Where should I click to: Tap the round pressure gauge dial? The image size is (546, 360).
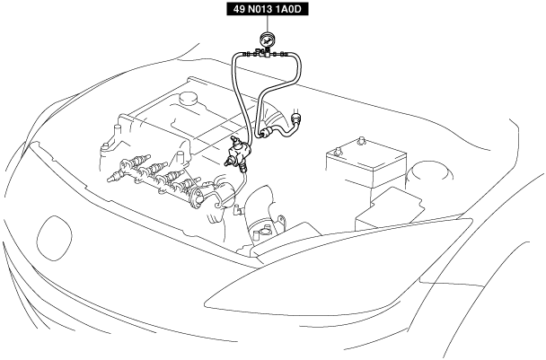tap(267, 40)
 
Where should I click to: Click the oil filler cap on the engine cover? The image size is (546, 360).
tap(188, 96)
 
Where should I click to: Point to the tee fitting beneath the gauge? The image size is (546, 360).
tap(266, 55)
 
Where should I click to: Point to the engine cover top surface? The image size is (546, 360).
tap(171, 121)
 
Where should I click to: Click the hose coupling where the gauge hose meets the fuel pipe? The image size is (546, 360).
tap(264, 133)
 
